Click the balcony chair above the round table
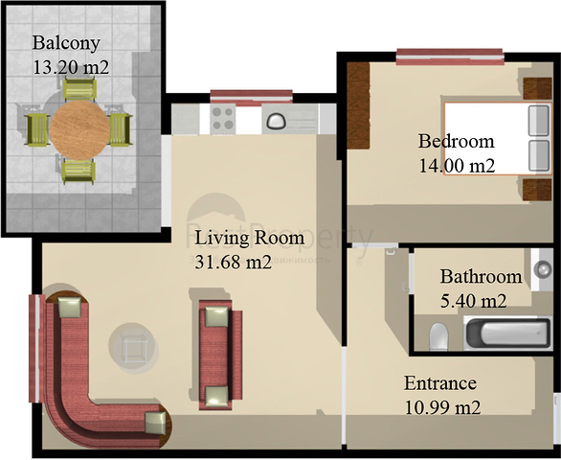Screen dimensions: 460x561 (x=77, y=89)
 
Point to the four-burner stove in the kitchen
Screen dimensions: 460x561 (x=224, y=119)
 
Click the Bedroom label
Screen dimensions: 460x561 (x=456, y=142)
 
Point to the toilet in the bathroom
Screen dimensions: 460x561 (x=438, y=336)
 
